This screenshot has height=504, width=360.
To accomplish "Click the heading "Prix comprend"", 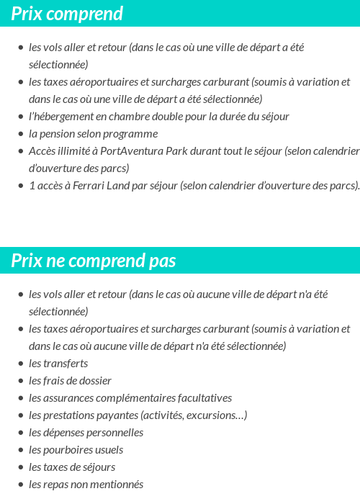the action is tap(67, 14).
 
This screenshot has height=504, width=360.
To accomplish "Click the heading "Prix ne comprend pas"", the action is tap(93, 261).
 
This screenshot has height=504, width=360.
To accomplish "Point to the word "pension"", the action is tap(57, 134).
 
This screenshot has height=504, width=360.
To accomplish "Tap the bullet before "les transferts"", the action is tap(21, 364).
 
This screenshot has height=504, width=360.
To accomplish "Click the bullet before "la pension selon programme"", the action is tap(21, 134).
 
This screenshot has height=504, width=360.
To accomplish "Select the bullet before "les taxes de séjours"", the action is tap(21, 467).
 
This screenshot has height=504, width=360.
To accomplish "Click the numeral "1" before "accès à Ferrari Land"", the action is tap(32, 186).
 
